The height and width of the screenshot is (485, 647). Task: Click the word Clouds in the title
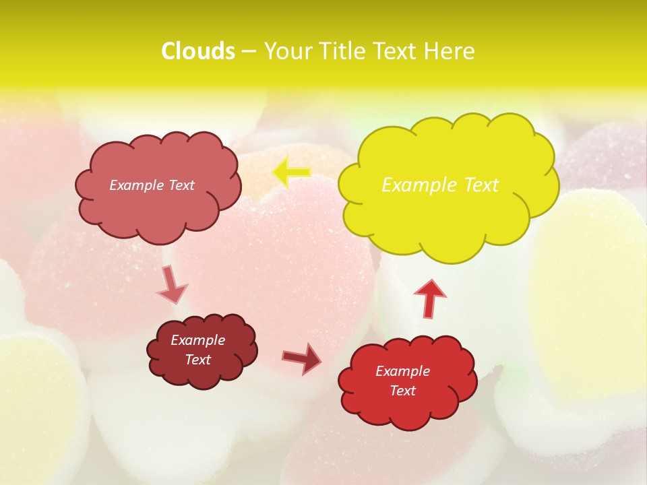coord(198,51)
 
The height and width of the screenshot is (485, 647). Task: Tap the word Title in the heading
coord(343,51)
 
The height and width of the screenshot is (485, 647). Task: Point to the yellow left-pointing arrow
coord(291,172)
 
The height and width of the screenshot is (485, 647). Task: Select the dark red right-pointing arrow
coord(301,358)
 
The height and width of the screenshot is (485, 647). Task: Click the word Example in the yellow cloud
coord(412,185)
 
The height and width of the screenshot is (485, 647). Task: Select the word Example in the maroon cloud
coord(198,341)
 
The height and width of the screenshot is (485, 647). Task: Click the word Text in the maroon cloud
coord(198,360)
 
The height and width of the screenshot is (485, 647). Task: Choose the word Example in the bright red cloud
coord(403,371)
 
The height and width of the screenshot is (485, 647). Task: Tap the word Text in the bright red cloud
coord(403,391)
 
